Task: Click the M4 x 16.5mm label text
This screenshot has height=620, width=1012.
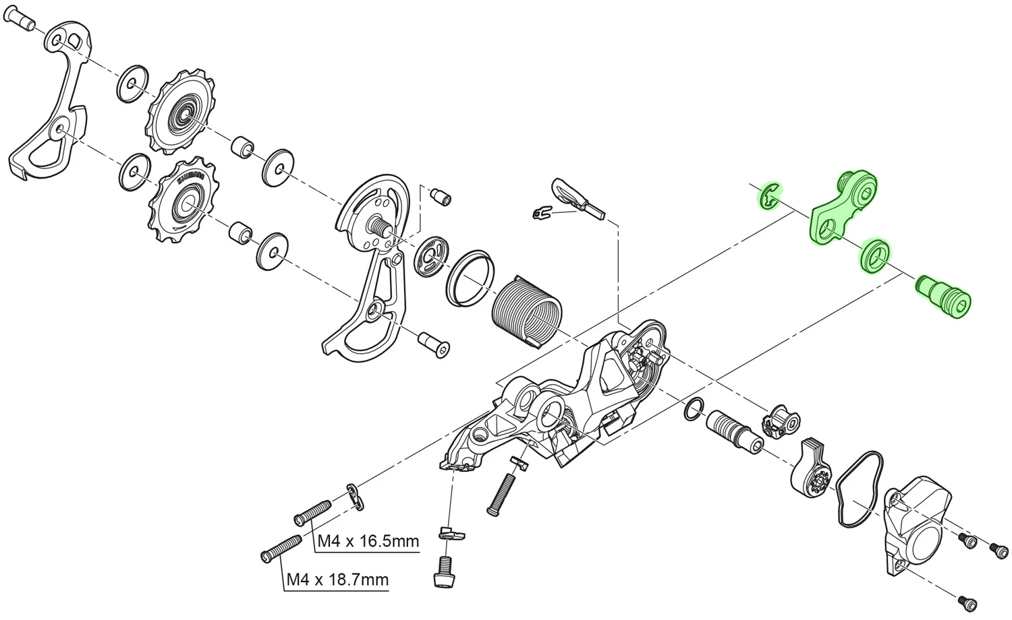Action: click(x=368, y=541)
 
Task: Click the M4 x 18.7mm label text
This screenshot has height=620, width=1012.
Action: click(x=337, y=580)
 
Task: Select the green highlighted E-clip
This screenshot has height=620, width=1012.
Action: click(x=768, y=197)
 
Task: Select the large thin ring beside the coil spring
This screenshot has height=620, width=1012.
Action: click(x=470, y=276)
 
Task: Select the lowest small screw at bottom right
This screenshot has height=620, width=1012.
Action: click(x=966, y=599)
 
